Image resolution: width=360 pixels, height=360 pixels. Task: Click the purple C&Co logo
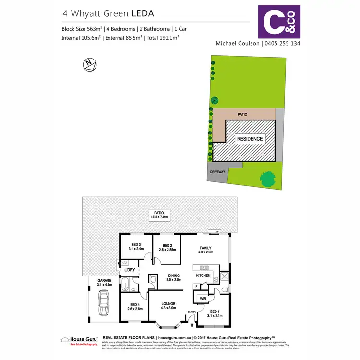[279, 22]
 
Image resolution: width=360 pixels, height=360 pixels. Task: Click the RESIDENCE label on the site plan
[250, 139]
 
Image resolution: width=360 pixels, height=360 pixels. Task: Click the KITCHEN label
[204, 276]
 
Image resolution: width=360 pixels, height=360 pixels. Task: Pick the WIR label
[203, 298]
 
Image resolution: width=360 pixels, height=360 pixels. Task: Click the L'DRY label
[130, 270]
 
